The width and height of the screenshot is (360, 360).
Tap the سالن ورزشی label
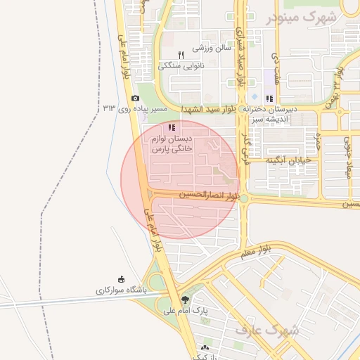click(x=213, y=47)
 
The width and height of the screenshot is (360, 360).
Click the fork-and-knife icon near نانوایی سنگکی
click(x=181, y=54)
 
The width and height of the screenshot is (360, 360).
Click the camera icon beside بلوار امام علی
click(x=135, y=98)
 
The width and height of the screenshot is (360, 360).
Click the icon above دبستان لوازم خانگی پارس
click(x=172, y=127)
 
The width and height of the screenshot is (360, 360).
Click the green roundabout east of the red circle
click(x=243, y=199)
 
